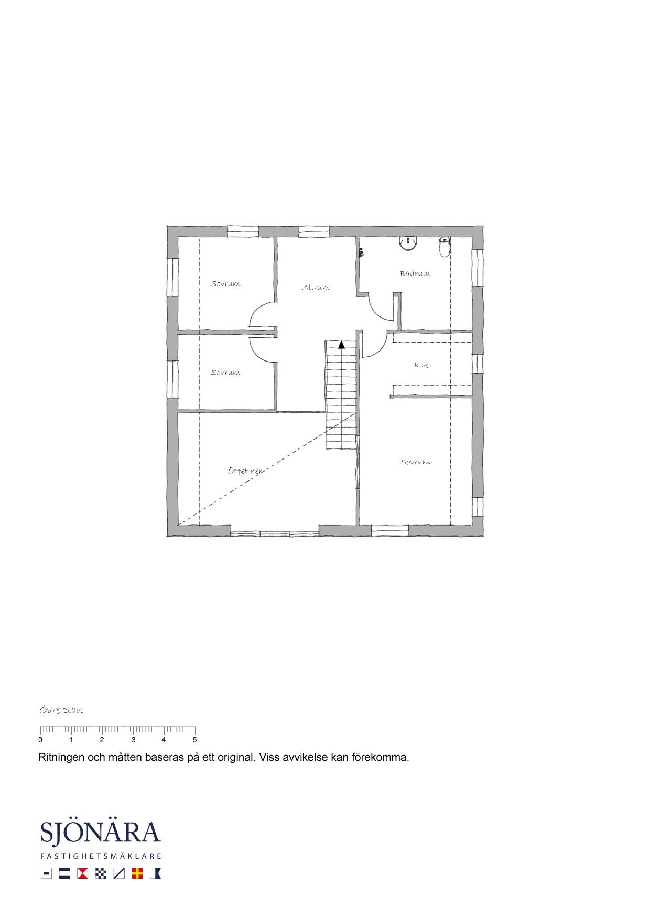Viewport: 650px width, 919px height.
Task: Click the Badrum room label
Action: tap(415, 273)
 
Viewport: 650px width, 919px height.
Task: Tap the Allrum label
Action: tap(316, 287)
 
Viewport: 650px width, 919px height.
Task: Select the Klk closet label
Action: tap(421, 365)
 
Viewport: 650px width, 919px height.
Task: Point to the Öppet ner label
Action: tap(245, 471)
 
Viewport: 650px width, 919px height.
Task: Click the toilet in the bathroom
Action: tap(445, 247)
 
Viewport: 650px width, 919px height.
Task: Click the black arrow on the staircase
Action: tap(341, 345)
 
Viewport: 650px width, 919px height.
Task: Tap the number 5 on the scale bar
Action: tap(194, 740)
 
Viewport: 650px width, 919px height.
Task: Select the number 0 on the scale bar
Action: tap(40, 740)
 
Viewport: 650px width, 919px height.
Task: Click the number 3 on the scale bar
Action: tap(133, 740)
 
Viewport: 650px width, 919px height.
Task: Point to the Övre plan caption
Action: tap(61, 710)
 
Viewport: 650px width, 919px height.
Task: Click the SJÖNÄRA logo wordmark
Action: tap(100, 832)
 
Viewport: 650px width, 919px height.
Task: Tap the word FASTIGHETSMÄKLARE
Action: tap(101, 856)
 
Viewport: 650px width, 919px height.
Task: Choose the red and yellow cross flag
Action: tap(137, 873)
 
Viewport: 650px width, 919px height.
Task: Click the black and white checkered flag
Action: tap(101, 873)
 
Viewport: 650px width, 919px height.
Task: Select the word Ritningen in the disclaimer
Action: tap(61, 758)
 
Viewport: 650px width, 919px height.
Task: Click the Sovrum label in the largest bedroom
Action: tap(415, 462)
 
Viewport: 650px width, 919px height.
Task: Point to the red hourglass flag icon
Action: tap(82, 873)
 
